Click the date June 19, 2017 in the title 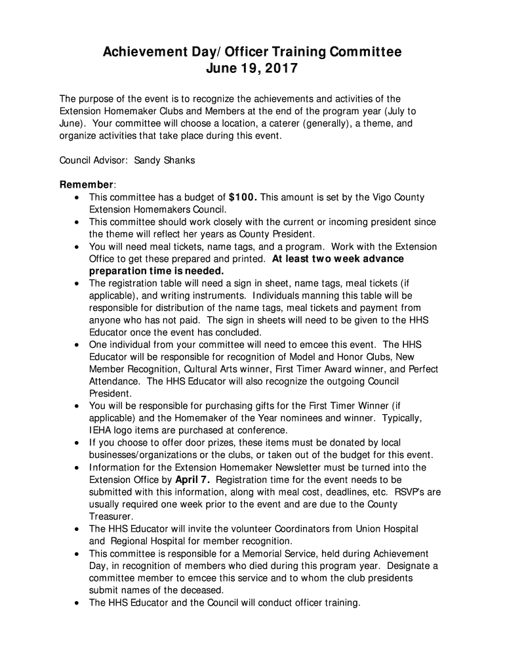[252, 68]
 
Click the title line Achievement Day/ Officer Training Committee [252, 52]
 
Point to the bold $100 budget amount [242, 197]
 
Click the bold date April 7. [192, 480]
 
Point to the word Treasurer [110, 517]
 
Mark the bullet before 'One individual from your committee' [79, 345]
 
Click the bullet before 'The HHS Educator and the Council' [79, 603]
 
